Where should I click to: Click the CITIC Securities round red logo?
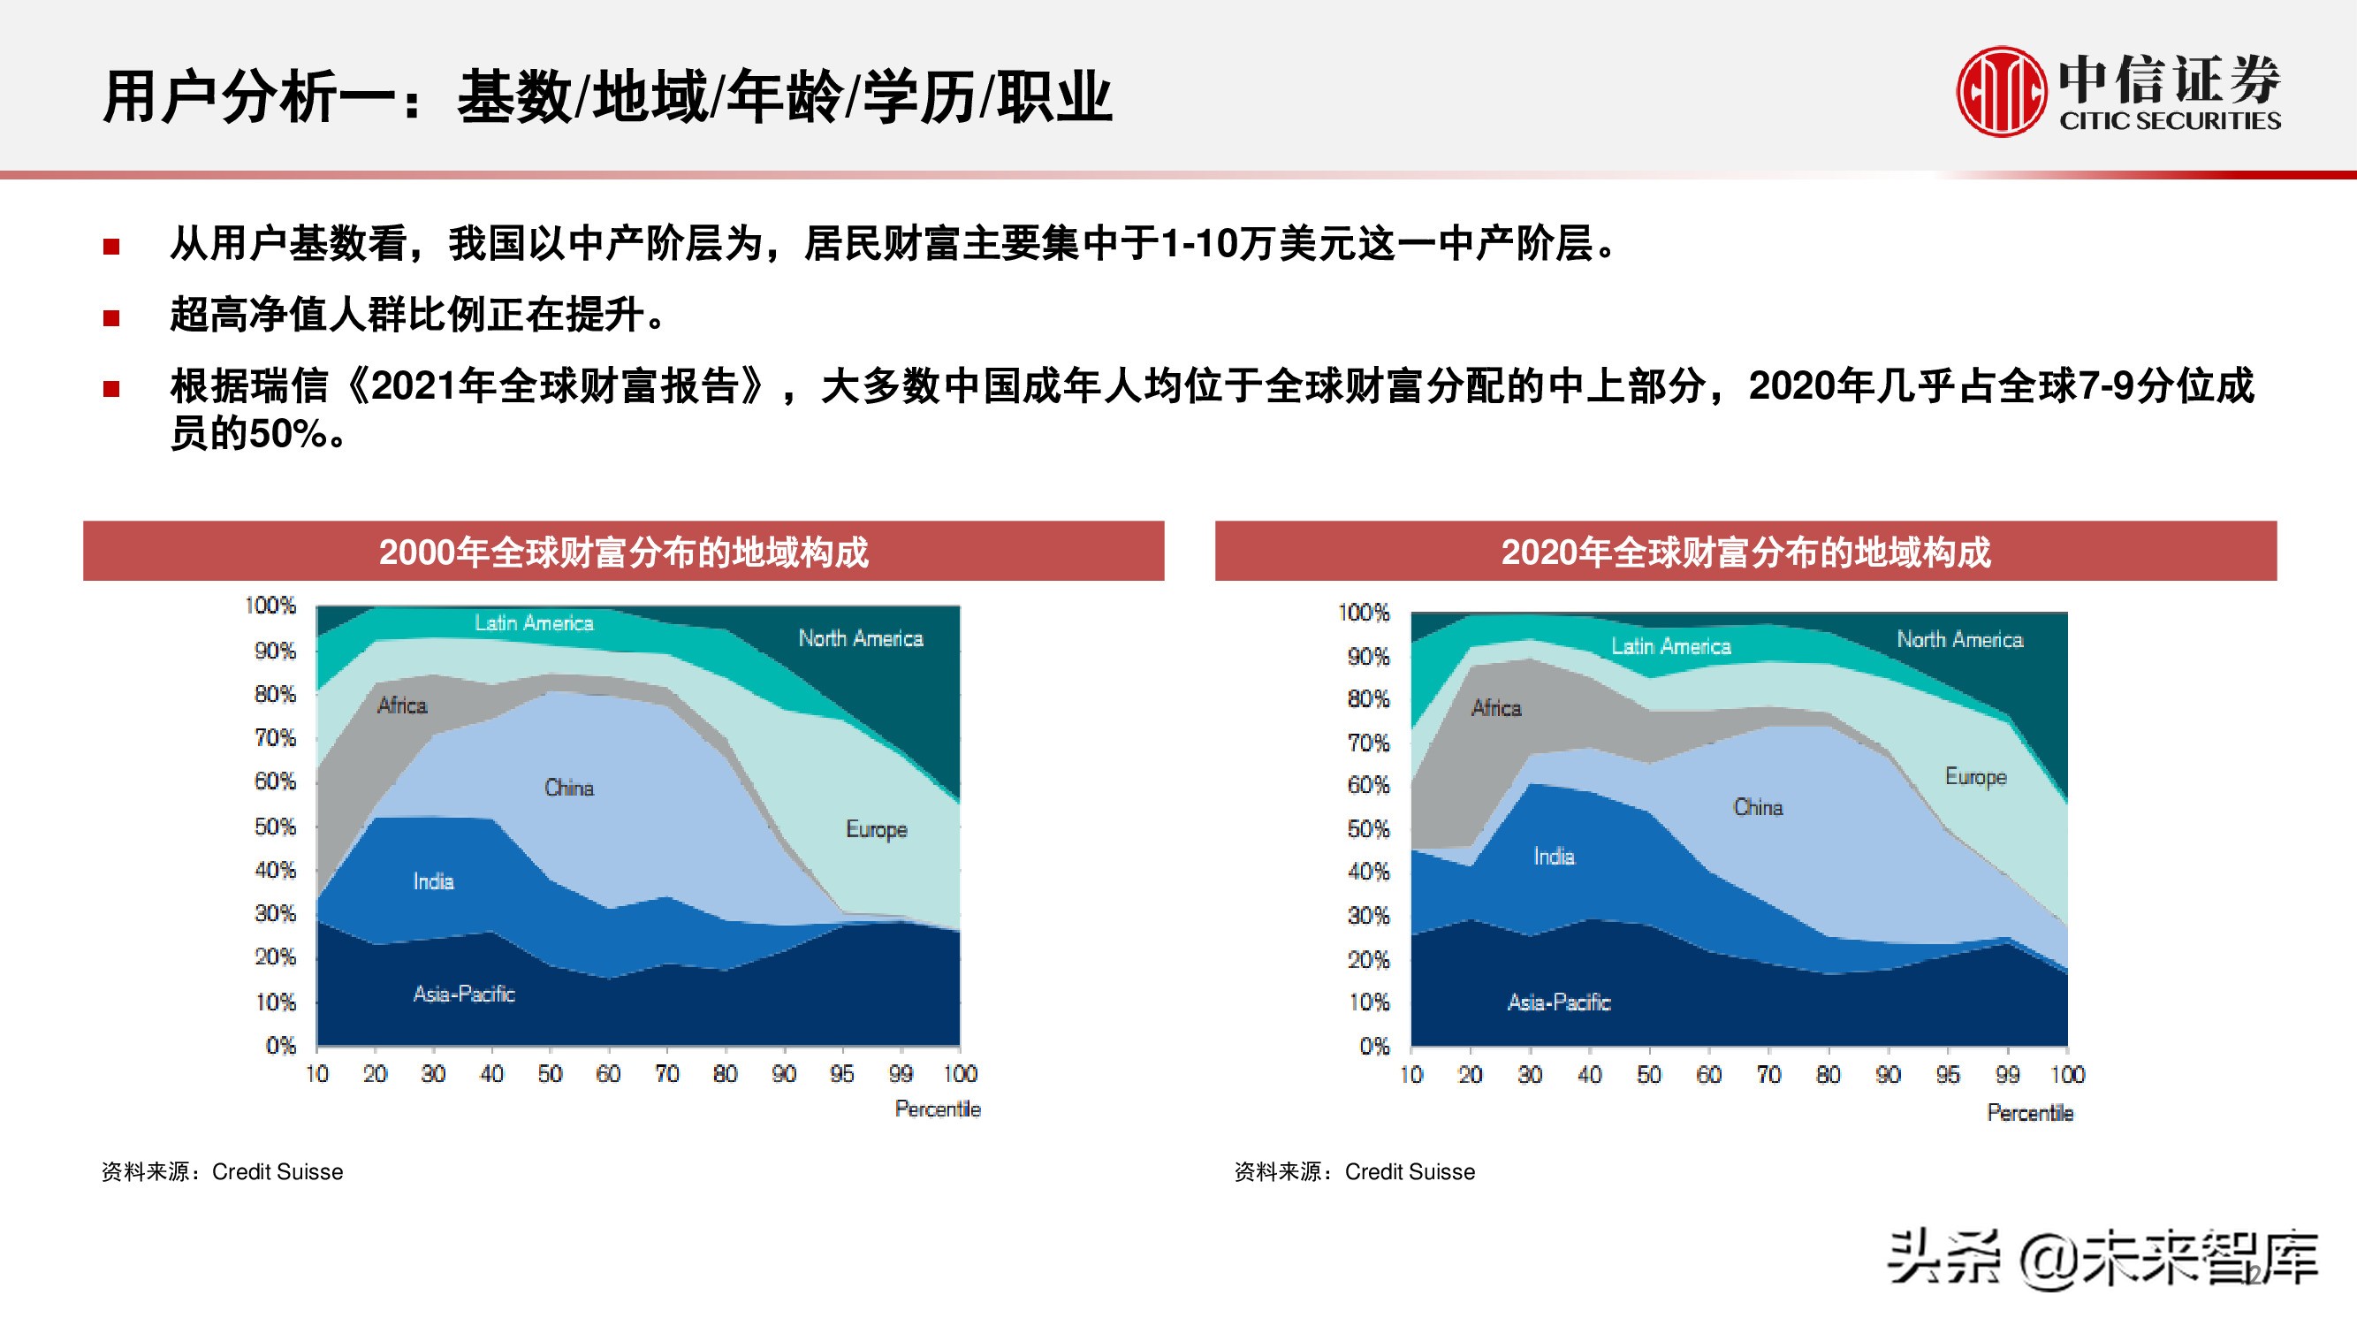[x=2001, y=92]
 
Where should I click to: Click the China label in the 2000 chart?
[x=568, y=788]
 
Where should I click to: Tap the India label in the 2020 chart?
[x=1554, y=857]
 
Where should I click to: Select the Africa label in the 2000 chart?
[x=402, y=705]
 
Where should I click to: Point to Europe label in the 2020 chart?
[x=1975, y=777]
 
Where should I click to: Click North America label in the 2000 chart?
[x=860, y=639]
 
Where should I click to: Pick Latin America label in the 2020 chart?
[x=1671, y=647]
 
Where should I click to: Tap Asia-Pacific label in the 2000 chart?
[x=464, y=994]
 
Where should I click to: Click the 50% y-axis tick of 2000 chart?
[x=275, y=827]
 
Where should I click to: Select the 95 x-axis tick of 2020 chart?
[x=1948, y=1074]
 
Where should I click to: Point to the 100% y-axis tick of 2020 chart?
[x=1364, y=613]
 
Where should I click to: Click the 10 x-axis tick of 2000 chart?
[x=316, y=1073]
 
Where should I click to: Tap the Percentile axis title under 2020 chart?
[x=2029, y=1113]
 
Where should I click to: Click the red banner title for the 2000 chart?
[x=623, y=552]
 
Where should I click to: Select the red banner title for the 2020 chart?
[x=1745, y=552]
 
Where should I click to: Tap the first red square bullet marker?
[x=111, y=246]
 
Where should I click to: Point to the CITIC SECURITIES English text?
[x=2170, y=121]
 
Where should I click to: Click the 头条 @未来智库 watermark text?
[x=2102, y=1259]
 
